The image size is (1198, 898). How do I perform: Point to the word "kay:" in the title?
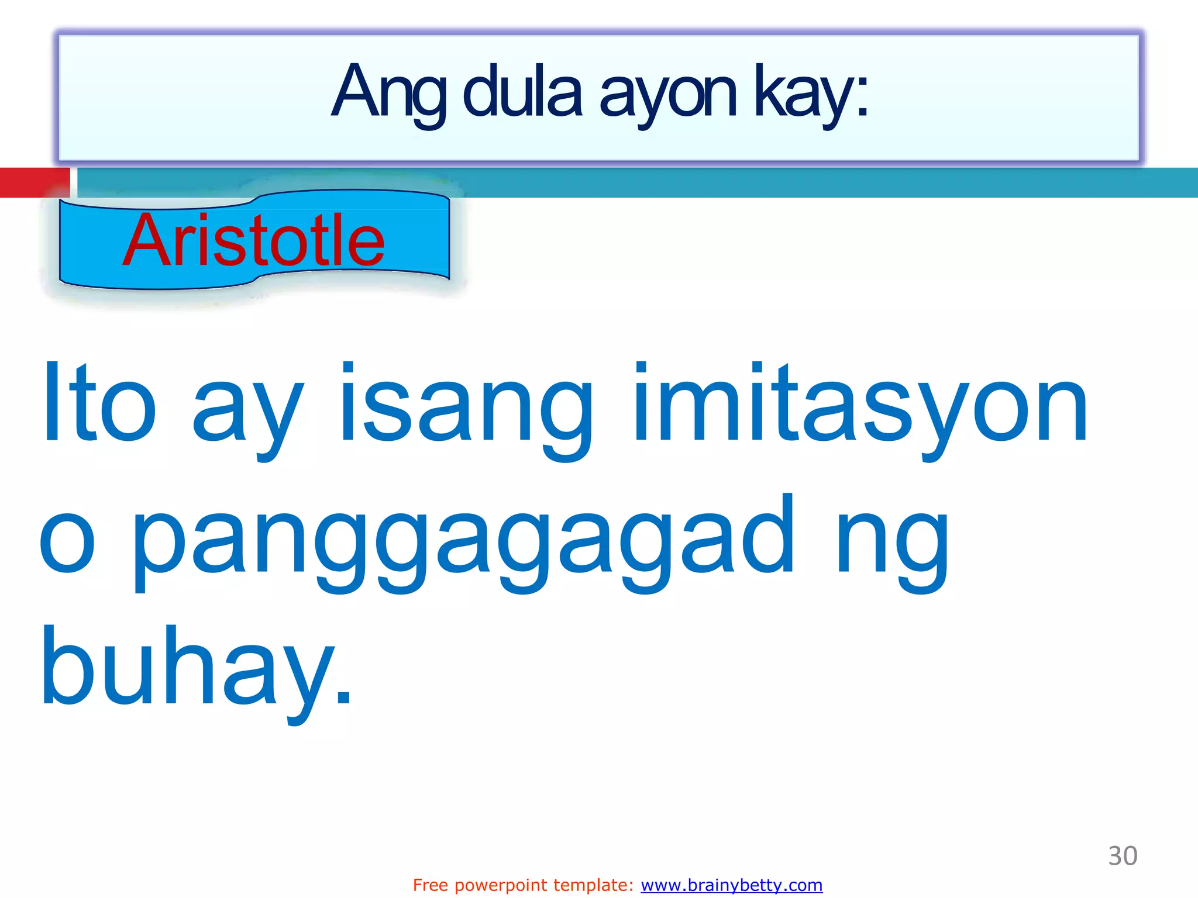pyautogui.click(x=810, y=94)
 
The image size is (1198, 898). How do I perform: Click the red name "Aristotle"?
pyautogui.click(x=254, y=240)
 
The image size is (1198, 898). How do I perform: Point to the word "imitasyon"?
pyautogui.click(x=860, y=406)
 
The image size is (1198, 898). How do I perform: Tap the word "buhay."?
pyautogui.click(x=196, y=669)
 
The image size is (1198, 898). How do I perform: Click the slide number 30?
pyautogui.click(x=1122, y=856)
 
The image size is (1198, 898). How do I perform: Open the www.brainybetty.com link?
pyautogui.click(x=731, y=885)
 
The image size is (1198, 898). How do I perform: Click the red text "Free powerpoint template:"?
pyautogui.click(x=523, y=885)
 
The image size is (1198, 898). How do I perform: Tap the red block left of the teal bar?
pyautogui.click(x=34, y=182)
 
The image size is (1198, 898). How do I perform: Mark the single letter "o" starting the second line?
pyautogui.click(x=67, y=544)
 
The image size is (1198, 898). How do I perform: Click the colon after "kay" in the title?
pyautogui.click(x=862, y=96)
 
